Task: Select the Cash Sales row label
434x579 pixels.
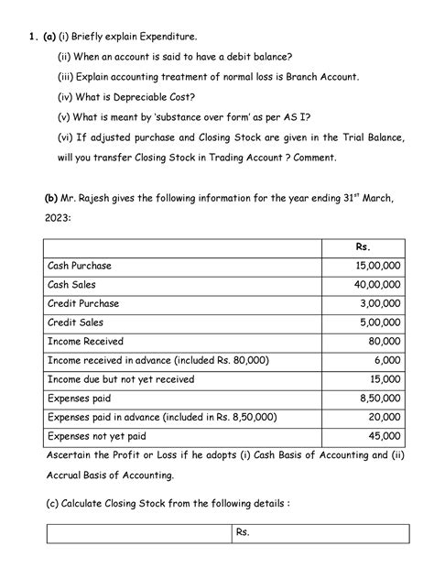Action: pyautogui.click(x=74, y=285)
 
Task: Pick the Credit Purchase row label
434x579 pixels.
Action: pyautogui.click(x=82, y=303)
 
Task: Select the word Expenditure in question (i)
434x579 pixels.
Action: pyautogui.click(x=168, y=36)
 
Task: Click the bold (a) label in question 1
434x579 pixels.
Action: pyautogui.click(x=44, y=36)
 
